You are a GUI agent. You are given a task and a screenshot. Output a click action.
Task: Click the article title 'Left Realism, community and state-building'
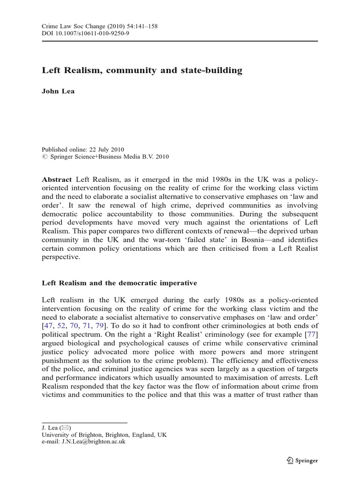point(142,71)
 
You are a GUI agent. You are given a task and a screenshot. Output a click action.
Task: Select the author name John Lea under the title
point(58,91)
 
